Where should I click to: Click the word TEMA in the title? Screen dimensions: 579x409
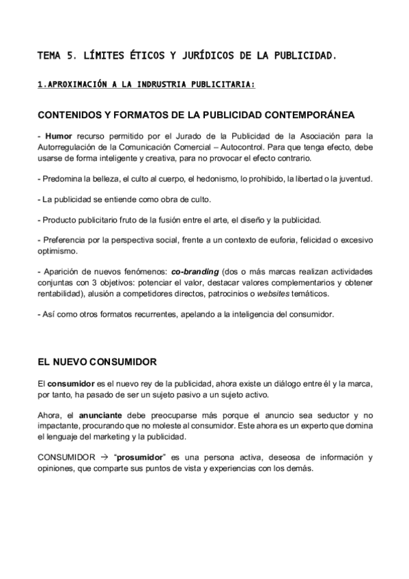tap(49, 53)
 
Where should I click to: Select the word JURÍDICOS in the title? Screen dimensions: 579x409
tap(197, 53)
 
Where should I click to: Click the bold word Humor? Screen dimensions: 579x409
tap(57, 136)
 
